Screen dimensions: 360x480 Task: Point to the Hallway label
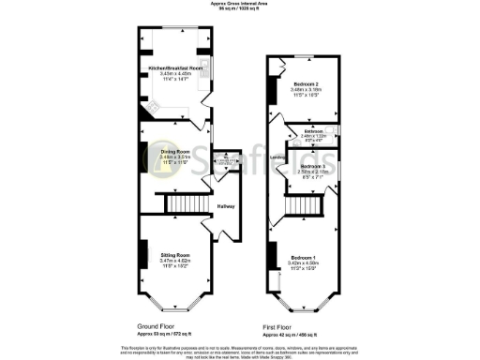tap(226, 206)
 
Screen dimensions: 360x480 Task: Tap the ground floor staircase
tap(176, 203)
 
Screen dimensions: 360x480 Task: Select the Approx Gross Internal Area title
tap(240, 4)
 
